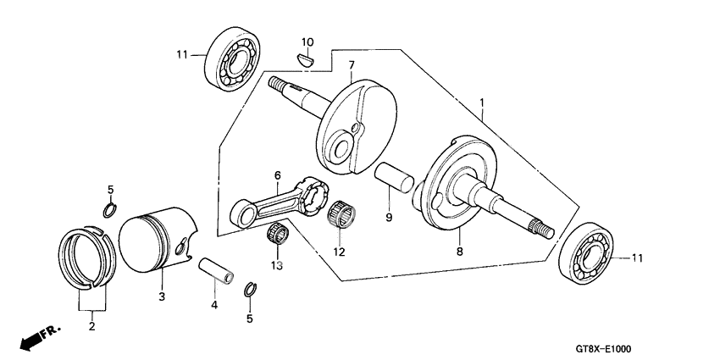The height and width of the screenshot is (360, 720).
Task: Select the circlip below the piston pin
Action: tap(249, 289)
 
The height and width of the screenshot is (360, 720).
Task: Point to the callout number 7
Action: tap(350, 64)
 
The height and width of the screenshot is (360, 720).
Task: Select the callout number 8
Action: tap(458, 251)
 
